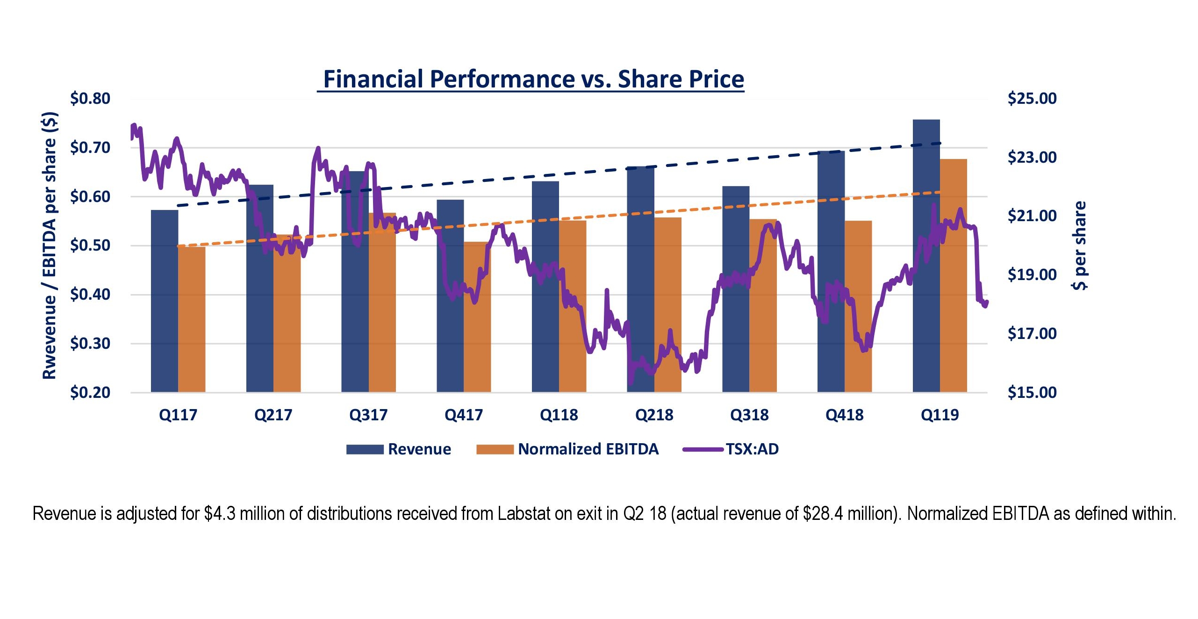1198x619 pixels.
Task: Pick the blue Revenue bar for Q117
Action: pos(165,304)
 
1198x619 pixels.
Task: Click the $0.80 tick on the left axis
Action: pos(90,99)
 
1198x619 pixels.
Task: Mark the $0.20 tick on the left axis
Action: pos(90,392)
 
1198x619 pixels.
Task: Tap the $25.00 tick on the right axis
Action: pos(1032,99)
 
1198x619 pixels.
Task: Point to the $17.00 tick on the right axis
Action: pos(1032,334)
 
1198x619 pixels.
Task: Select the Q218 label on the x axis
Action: pos(654,415)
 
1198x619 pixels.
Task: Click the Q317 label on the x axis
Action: pos(368,415)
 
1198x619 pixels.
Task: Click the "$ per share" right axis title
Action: pos(1079,245)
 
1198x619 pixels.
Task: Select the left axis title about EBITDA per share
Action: pos(50,245)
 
